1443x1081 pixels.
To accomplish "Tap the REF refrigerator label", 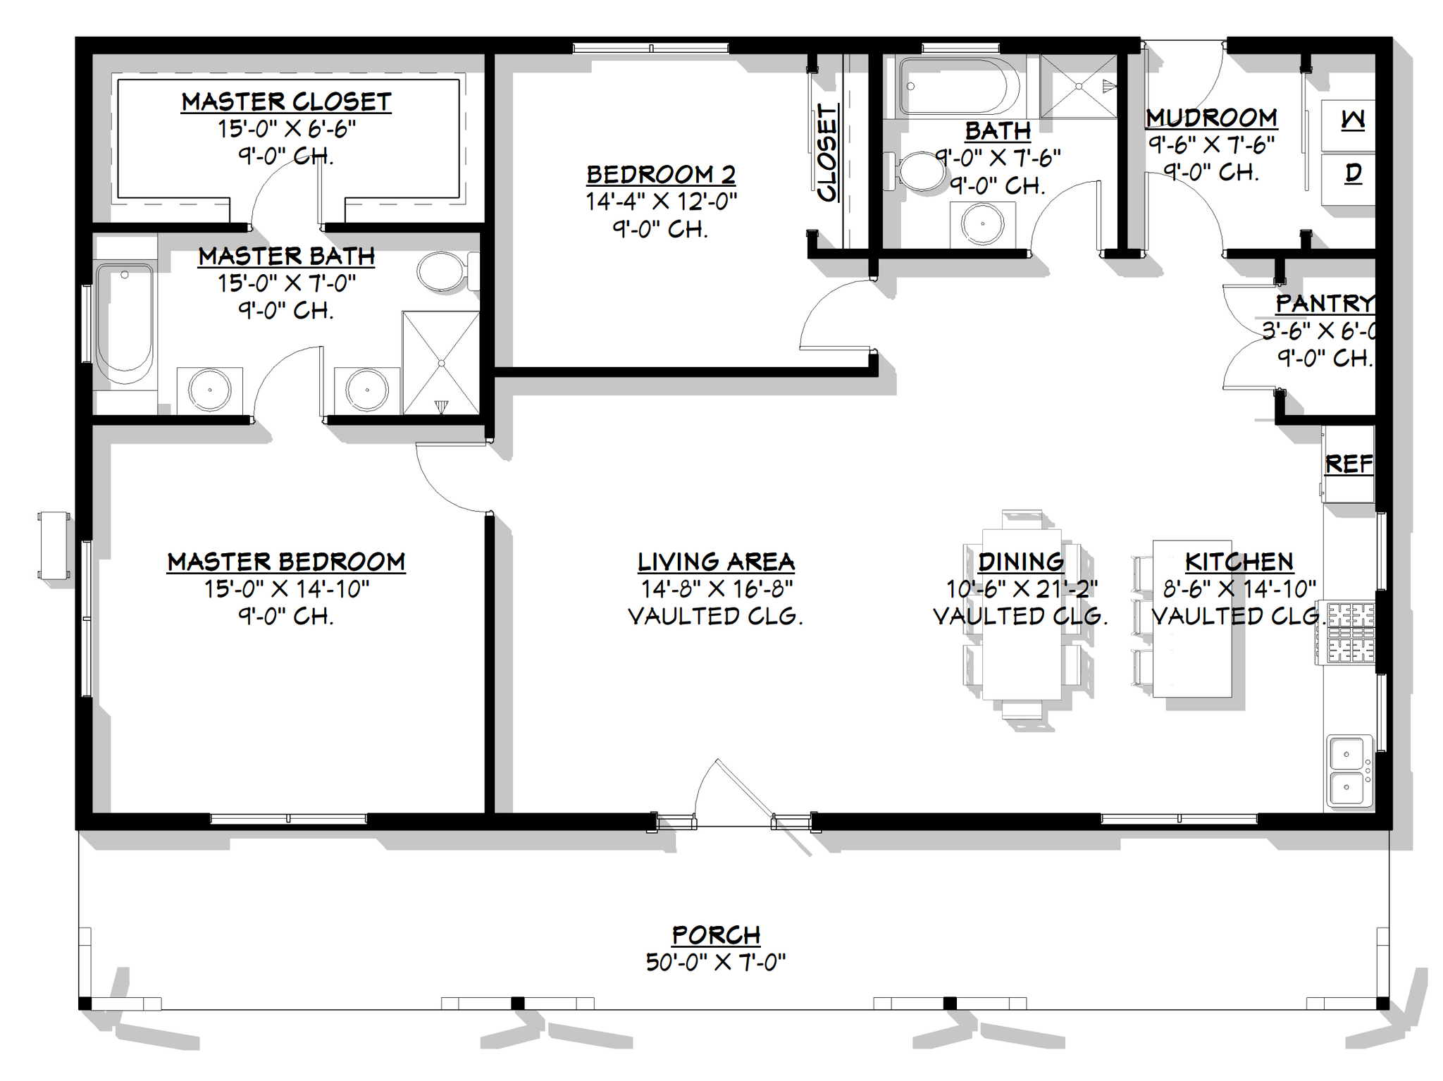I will tap(1349, 464).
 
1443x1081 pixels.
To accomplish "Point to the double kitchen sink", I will tap(1349, 771).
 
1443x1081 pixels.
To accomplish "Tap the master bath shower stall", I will tap(440, 362).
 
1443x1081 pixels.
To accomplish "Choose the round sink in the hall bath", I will tap(982, 223).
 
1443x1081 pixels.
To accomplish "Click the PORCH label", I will tap(716, 934).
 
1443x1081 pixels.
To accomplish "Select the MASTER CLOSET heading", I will tap(286, 102).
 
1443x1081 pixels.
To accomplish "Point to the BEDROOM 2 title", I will tap(661, 174).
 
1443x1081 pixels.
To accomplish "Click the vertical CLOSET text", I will tap(827, 153).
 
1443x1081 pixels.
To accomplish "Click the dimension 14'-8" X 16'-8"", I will tap(716, 588).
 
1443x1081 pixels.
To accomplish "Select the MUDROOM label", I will tap(1211, 118).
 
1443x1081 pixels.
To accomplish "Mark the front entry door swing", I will tap(733, 793).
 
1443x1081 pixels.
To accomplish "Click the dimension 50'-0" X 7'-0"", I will tap(716, 962).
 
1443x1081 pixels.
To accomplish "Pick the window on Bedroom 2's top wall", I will tap(650, 48).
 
